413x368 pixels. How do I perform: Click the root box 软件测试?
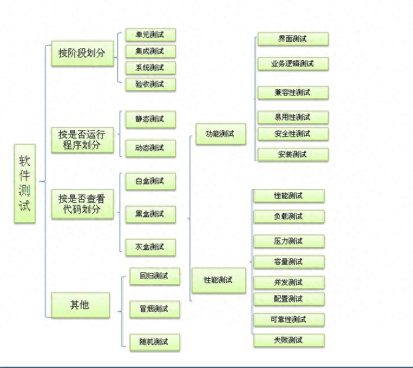25,184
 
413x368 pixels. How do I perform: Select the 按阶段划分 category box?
82,53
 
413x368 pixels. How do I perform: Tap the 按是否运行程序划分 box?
82,140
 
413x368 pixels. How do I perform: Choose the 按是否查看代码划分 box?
82,204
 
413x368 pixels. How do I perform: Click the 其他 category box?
80,305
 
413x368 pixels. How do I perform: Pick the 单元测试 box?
150,35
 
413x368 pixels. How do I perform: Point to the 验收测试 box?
150,84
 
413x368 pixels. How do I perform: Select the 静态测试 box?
150,119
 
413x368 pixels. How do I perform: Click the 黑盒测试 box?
150,213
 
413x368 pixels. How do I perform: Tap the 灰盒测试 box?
150,247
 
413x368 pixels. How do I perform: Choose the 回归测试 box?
155,275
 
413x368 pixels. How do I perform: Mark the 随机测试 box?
155,342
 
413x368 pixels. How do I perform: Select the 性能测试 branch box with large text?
218,280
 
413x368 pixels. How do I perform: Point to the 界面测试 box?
293,39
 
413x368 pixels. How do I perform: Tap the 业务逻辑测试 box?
293,64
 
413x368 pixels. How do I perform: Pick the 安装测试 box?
293,155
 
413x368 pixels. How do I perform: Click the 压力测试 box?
289,241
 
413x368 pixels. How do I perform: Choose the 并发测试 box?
289,282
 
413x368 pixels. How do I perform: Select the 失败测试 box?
289,340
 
